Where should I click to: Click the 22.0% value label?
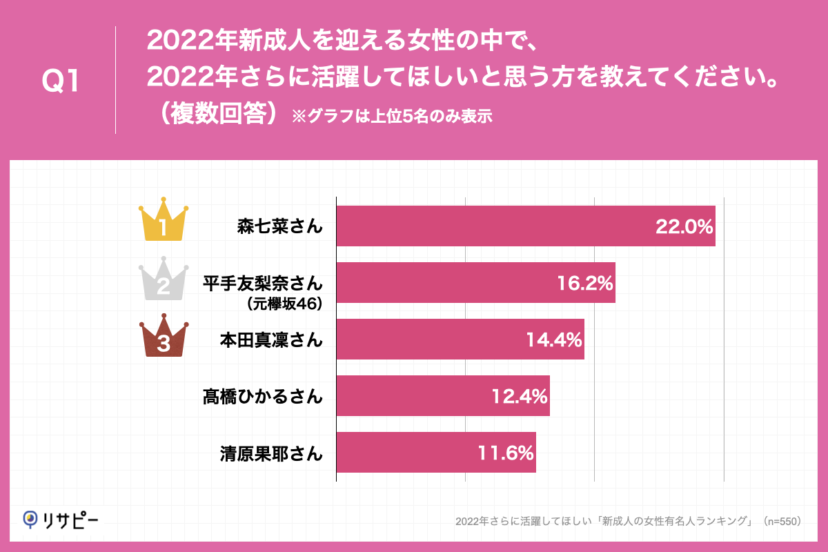pyautogui.click(x=683, y=226)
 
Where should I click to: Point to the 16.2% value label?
pyautogui.click(x=584, y=283)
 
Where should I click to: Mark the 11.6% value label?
pyautogui.click(x=506, y=453)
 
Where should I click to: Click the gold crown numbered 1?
pyautogui.click(x=164, y=221)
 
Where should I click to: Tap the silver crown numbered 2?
pyautogui.click(x=164, y=279)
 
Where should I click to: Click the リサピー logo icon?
pyautogui.click(x=30, y=519)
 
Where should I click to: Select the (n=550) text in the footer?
pyautogui.click(x=781, y=522)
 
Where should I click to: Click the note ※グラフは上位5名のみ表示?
pyautogui.click(x=391, y=116)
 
